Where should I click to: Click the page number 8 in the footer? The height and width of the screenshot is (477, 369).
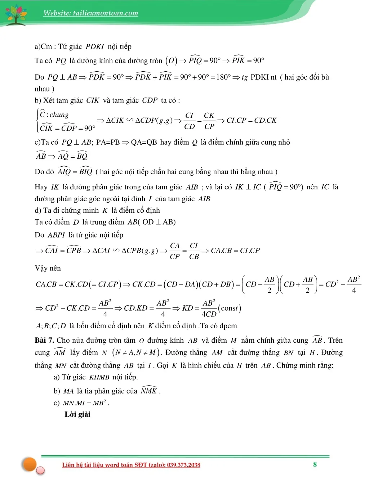pos(315,464)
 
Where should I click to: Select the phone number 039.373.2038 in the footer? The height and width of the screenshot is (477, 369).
pos(183,465)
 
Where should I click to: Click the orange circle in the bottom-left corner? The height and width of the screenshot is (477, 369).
pos(30,464)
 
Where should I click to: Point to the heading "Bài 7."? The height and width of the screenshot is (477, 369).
pos(45,340)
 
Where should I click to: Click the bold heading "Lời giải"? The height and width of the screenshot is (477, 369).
pos(77,414)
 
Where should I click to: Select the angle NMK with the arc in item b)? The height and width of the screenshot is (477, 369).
pos(149,391)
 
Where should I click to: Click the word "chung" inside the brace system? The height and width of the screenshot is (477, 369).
pos(59,115)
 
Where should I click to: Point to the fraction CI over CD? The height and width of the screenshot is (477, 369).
pos(189,121)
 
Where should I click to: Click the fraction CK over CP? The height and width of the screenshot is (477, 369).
pos(209,121)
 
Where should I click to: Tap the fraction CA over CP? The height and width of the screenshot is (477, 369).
pos(175,251)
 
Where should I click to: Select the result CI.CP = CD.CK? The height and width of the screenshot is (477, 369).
pos(252,120)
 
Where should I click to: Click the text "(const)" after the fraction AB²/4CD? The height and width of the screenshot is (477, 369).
pos(230,308)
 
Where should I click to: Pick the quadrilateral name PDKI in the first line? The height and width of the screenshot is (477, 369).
pos(94,46)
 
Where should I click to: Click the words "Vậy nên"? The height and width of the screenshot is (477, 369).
pos(48,268)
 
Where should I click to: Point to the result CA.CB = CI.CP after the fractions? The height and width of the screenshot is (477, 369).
pos(235,251)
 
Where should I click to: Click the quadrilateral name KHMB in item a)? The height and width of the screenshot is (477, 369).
pos(99,377)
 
